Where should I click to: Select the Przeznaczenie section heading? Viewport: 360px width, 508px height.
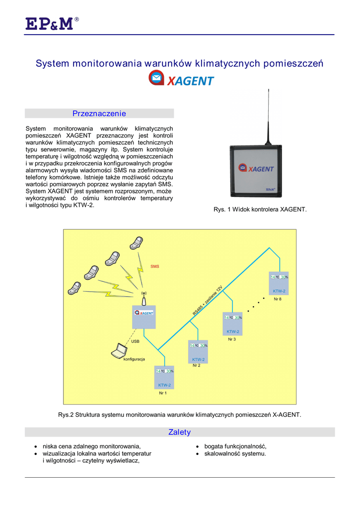(x=99, y=114)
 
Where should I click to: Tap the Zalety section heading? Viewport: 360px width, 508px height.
(x=180, y=432)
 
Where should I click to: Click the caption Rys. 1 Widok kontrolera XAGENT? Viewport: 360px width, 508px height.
(x=260, y=210)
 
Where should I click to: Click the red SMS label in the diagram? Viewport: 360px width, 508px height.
(x=154, y=266)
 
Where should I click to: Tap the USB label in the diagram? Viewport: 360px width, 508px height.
(x=135, y=341)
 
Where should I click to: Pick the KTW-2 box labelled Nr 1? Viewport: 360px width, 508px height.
(x=165, y=378)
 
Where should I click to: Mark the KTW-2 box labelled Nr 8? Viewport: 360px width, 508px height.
(x=279, y=284)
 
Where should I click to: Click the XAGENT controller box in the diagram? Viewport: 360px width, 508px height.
(x=144, y=317)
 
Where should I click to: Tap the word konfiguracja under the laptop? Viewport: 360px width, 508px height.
(x=134, y=359)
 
